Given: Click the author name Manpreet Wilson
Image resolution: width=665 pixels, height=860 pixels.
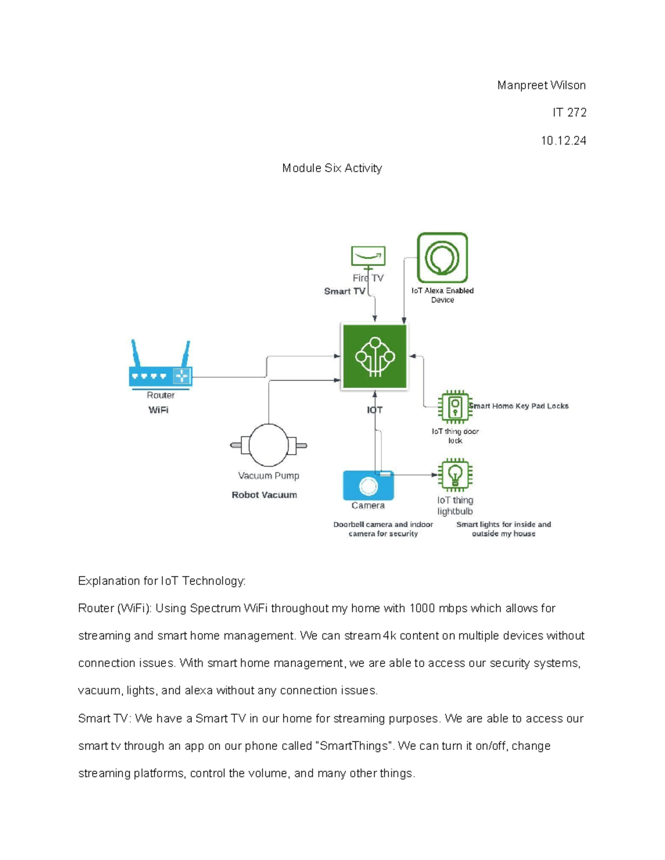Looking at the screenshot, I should (541, 85).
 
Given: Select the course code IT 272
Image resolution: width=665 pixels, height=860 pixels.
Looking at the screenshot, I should (569, 112).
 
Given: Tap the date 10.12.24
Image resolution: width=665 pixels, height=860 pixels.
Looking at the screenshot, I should (563, 141).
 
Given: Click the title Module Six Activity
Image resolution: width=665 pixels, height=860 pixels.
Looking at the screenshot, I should (332, 168).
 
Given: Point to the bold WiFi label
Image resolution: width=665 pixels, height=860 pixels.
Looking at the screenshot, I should (158, 410).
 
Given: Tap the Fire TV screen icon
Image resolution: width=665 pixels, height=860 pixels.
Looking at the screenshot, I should (368, 256).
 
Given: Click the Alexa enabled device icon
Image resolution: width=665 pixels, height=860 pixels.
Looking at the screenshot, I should (442, 258).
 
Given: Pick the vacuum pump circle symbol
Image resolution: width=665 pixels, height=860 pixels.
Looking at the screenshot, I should (269, 445).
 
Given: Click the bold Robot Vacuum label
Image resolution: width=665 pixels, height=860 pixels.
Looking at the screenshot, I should (264, 495).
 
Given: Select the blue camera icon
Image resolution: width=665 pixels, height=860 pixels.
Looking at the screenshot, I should (368, 486).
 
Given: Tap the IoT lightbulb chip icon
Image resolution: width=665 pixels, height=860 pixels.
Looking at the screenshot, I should (455, 475).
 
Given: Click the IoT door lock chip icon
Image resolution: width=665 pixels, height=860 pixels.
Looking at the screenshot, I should (455, 407).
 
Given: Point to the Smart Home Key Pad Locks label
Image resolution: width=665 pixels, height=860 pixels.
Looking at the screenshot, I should (519, 406).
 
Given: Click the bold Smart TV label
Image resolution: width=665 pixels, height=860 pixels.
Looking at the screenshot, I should (344, 291).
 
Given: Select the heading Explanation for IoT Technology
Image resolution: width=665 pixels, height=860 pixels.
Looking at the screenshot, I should (162, 581).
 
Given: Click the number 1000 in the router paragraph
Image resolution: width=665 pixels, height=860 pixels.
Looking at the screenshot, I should (423, 609).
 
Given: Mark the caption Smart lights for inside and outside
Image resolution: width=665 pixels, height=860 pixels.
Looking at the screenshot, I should (503, 529).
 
